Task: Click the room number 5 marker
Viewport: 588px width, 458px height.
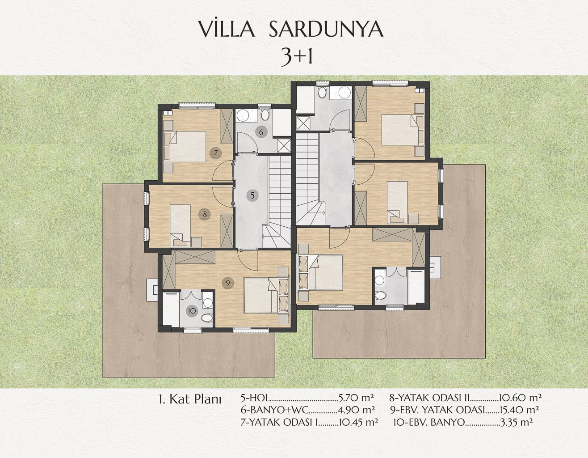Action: [252, 195]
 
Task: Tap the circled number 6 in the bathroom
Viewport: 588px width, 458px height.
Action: [261, 132]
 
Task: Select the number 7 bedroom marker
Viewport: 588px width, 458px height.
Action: [216, 153]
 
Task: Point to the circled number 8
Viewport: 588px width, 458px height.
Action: [205, 214]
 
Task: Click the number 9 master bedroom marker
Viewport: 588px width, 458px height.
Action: [228, 283]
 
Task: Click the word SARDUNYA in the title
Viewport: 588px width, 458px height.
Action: [326, 30]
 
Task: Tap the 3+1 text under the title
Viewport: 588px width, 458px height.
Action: [297, 57]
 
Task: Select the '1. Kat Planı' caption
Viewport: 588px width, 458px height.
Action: [190, 400]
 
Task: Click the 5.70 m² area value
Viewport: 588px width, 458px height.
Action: [356, 398]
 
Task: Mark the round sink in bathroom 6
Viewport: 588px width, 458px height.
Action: [243, 116]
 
